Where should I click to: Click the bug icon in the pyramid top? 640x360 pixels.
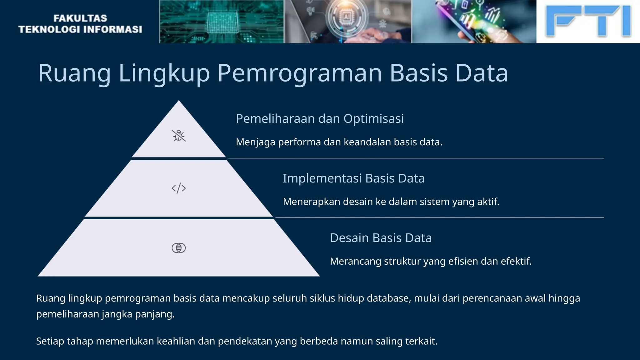[x=179, y=136]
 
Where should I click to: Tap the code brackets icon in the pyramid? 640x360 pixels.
[x=179, y=188]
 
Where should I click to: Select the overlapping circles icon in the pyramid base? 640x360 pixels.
[x=179, y=248]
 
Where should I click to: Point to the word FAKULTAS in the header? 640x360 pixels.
[x=80, y=18]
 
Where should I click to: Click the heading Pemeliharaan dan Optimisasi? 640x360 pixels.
[x=320, y=119]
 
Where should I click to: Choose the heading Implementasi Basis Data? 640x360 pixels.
[x=353, y=178]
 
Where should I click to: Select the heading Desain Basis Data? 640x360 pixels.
[x=381, y=238]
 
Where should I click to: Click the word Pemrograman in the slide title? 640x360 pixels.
[x=300, y=73]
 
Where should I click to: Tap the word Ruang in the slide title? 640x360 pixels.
[x=74, y=73]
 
